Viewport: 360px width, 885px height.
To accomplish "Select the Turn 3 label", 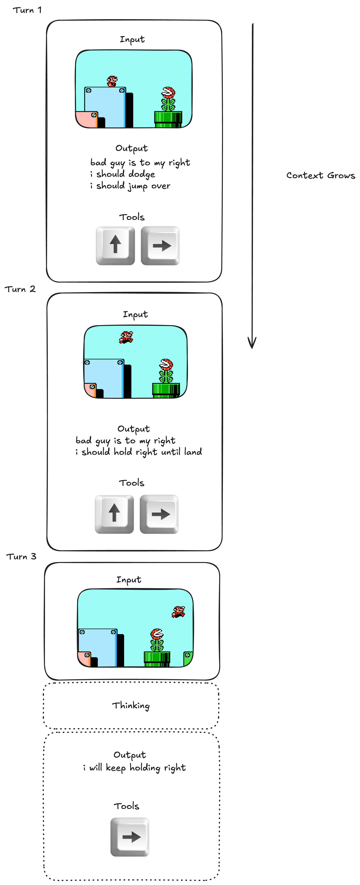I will [21, 557].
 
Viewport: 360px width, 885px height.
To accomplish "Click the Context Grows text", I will [320, 176].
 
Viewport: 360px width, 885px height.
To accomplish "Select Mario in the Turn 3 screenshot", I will [178, 611].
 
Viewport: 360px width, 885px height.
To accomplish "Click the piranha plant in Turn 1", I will [168, 99].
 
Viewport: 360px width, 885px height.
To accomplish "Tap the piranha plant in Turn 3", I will [157, 640].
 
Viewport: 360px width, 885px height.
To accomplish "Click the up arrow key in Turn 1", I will [115, 246].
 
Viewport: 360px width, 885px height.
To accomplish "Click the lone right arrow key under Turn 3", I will [130, 837].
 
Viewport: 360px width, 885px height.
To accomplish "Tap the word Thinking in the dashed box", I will [131, 706].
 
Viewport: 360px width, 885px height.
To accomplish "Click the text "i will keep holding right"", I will [134, 767].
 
